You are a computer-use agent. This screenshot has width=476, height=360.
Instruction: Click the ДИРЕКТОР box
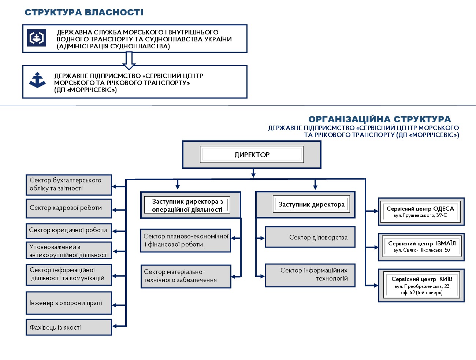pyautogui.click(x=252, y=155)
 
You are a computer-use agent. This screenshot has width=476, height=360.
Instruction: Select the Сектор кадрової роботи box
pyautogui.click(x=69, y=208)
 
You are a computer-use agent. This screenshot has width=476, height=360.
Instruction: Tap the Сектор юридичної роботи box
pyautogui.click(x=69, y=231)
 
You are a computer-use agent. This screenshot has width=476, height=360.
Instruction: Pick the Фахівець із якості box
pyautogui.click(x=69, y=327)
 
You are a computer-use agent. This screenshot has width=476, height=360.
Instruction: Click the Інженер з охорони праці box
pyautogui.click(x=69, y=303)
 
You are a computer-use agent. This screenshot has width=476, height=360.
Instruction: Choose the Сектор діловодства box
pyautogui.click(x=310, y=237)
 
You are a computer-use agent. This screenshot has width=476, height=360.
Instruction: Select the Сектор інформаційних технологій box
pyautogui.click(x=310, y=275)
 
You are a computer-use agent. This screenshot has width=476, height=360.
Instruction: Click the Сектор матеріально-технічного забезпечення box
pyautogui.click(x=186, y=276)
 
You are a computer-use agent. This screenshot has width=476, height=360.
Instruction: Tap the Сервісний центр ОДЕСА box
pyautogui.click(x=421, y=212)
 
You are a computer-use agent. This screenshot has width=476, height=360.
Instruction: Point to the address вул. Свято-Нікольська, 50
pyautogui.click(x=421, y=250)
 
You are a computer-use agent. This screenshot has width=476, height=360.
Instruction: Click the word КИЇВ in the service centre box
pyautogui.click(x=446, y=279)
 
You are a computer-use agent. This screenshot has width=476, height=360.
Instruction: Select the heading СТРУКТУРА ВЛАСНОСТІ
pyautogui.click(x=84, y=12)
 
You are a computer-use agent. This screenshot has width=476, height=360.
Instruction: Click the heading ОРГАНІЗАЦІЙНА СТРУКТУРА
pyautogui.click(x=379, y=119)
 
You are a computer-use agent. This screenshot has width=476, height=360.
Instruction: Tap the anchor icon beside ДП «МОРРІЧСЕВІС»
pyautogui.click(x=37, y=80)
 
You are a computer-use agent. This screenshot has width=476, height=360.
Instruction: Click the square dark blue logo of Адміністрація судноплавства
pyautogui.click(x=36, y=38)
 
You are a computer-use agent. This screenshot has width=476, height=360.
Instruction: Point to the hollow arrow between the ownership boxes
pyautogui.click(x=129, y=61)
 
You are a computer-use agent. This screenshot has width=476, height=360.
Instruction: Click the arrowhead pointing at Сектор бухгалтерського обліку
pyautogui.click(x=114, y=186)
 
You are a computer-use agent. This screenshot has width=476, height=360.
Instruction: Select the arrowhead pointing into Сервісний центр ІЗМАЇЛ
pyautogui.click(x=376, y=247)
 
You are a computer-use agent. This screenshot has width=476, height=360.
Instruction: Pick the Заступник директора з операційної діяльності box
pyautogui.click(x=191, y=205)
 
